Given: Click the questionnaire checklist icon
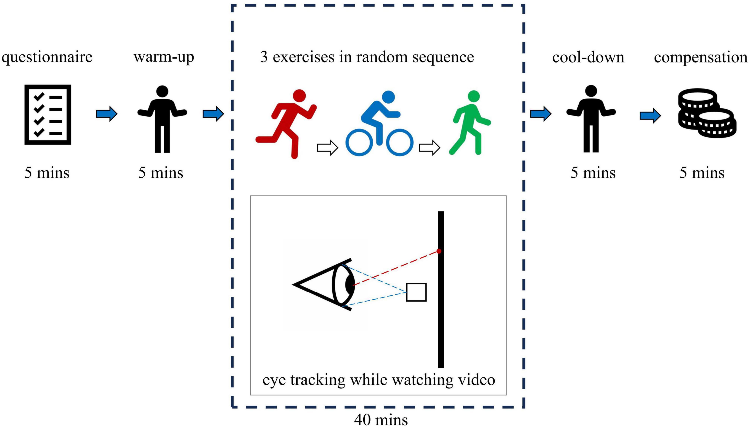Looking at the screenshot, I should click(x=48, y=115).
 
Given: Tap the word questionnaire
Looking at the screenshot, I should click(x=47, y=57).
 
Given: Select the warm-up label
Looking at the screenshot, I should click(x=164, y=57).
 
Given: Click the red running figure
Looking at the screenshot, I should click(x=287, y=124).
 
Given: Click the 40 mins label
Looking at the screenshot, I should click(x=381, y=420).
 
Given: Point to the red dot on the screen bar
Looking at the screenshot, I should click(x=439, y=251).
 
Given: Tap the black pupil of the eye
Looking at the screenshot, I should click(x=349, y=284).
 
